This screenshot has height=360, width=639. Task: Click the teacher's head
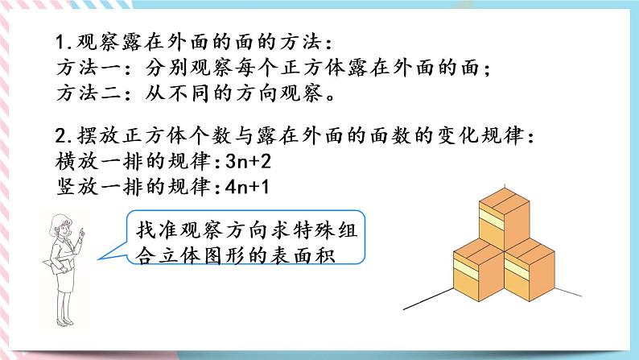[63, 225]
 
